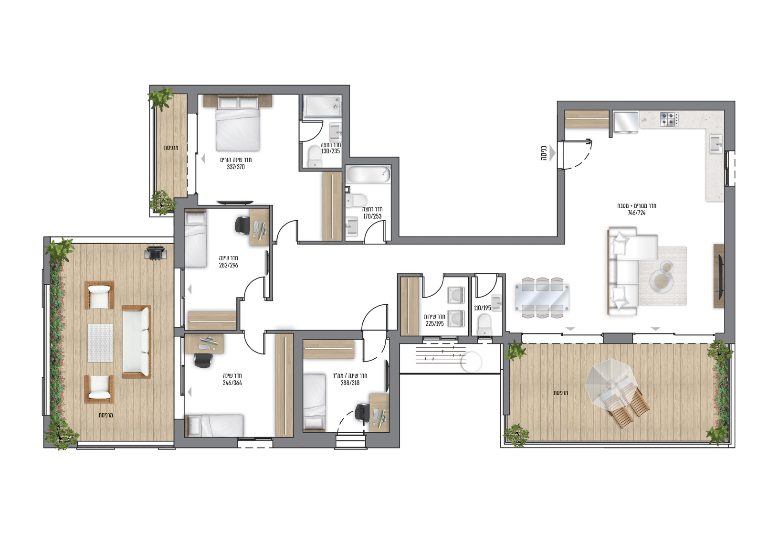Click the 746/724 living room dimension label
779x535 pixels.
pyautogui.click(x=637, y=213)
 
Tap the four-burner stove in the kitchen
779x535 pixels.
pyautogui.click(x=669, y=119)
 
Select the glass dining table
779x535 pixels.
pyautogui.click(x=542, y=298)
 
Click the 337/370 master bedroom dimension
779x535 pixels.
pyautogui.click(x=236, y=167)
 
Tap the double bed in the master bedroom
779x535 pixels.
pyautogui.click(x=238, y=124)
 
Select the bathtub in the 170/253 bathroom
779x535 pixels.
pyautogui.click(x=369, y=175)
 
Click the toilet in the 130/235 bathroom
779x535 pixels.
pyautogui.click(x=315, y=157)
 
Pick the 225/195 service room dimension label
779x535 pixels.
pyautogui.click(x=435, y=324)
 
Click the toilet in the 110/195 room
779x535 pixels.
pyautogui.click(x=484, y=325)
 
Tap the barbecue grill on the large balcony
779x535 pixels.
pyautogui.click(x=155, y=253)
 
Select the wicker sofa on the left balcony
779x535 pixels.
pyautogui.click(x=137, y=342)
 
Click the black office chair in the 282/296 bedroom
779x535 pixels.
pyautogui.click(x=242, y=225)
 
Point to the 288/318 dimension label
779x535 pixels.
pyautogui.click(x=350, y=383)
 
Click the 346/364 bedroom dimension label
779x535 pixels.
pyautogui.click(x=232, y=383)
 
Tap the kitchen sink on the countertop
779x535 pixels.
pyautogui.click(x=716, y=144)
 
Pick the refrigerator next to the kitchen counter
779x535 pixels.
pyautogui.click(x=626, y=122)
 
